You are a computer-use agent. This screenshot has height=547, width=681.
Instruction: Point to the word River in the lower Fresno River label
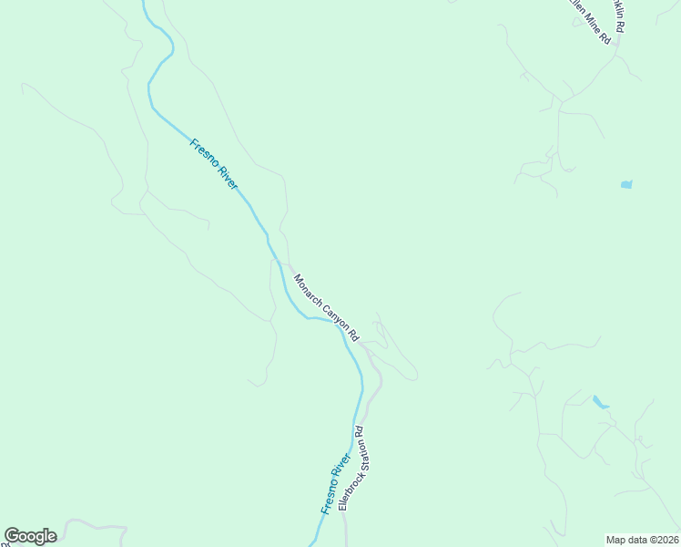(x=342, y=464)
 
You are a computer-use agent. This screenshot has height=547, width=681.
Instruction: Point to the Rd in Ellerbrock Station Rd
(x=360, y=430)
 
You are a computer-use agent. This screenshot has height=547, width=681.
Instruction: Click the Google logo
(x=30, y=536)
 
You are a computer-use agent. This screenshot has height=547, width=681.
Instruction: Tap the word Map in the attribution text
(x=616, y=539)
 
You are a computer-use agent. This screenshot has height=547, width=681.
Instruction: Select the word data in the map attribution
(x=638, y=539)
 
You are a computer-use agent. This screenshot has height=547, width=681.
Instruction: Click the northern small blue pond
(x=626, y=185)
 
